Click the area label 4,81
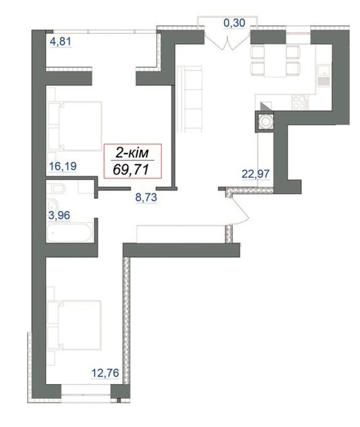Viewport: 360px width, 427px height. (60, 41)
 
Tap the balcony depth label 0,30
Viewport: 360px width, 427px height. (234, 23)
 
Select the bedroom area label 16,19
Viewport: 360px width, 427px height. (63, 166)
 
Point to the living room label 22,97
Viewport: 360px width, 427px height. (255, 174)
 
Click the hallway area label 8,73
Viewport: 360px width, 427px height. (146, 197)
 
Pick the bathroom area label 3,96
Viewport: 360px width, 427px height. (59, 215)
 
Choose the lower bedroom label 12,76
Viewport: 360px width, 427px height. (105, 373)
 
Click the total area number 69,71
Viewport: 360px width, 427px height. (131, 170)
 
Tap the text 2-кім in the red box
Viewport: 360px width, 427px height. (132, 153)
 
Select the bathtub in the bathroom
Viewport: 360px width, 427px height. (70, 233)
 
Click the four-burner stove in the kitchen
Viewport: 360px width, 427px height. (301, 102)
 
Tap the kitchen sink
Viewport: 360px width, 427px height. (324, 76)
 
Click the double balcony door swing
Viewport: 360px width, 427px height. (227, 43)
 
